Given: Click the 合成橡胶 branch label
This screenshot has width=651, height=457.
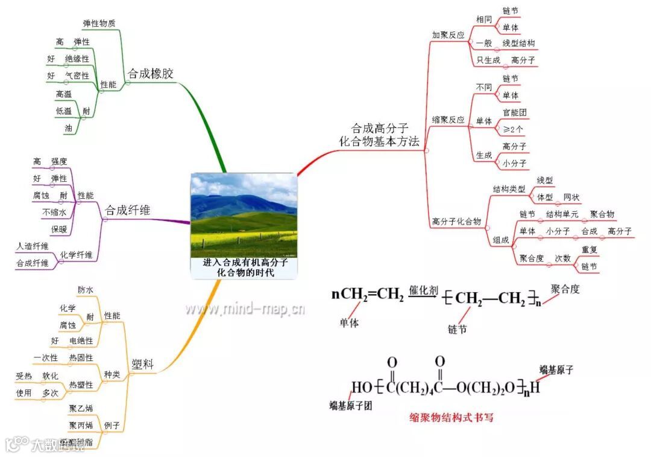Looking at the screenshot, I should tap(150, 74).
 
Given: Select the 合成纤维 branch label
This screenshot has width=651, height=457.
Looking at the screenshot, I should tap(128, 210).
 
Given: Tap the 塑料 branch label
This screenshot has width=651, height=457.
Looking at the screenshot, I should tap(142, 364).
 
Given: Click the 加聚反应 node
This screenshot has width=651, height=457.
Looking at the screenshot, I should tap(448, 36).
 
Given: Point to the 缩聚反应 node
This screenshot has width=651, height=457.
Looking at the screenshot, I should tap(448, 120).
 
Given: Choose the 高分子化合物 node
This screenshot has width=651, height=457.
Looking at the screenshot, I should tap(456, 222).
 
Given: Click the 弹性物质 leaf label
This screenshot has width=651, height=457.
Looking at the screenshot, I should tap(99, 23).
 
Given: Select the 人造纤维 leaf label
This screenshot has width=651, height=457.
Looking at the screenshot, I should tap(33, 246).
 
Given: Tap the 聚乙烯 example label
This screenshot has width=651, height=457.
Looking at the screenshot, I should tap(81, 409).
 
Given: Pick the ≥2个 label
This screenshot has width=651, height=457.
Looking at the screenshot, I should tap(513, 129).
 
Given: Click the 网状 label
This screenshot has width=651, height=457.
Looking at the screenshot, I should tap(571, 197).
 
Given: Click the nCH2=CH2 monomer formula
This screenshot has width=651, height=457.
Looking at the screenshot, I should tap(368, 295).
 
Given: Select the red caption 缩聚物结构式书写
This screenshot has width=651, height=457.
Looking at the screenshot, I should tap(451, 417).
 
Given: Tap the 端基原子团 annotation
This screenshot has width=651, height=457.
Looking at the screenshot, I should tap(350, 405).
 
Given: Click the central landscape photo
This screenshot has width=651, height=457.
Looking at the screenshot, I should tap(244, 215).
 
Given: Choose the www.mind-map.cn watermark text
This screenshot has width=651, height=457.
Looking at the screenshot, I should tap(244, 310).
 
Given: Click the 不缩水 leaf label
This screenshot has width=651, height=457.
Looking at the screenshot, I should tap(54, 213).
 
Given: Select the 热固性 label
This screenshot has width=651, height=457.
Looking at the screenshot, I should tap(81, 357).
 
